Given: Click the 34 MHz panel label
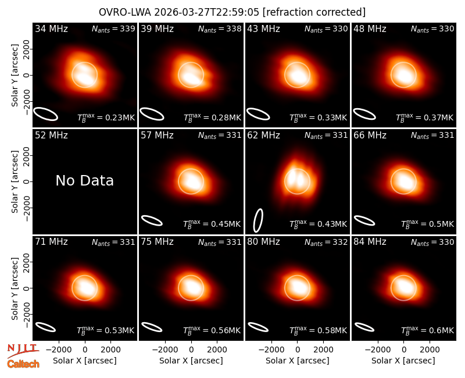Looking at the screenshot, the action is pyautogui.click(x=51, y=28).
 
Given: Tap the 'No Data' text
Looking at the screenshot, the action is pyautogui.click(x=84, y=180).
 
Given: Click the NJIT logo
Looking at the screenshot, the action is pyautogui.click(x=23, y=351).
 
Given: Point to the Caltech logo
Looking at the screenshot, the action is pyautogui.click(x=23, y=364).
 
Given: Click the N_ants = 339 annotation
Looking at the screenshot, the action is pyautogui.click(x=113, y=28).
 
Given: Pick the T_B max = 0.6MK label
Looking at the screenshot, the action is pyautogui.click(x=427, y=330).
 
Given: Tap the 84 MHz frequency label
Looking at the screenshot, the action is pyautogui.click(x=370, y=242).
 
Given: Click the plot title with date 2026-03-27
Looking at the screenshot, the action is pyautogui.click(x=232, y=12).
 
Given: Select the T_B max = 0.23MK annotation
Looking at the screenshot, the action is pyautogui.click(x=106, y=117).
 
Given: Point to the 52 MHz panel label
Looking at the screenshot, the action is pyautogui.click(x=51, y=135).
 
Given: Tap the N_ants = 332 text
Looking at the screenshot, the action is pyautogui.click(x=326, y=242).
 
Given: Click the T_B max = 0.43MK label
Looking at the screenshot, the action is pyautogui.click(x=318, y=224).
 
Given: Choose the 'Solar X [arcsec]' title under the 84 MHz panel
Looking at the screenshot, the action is pyautogui.click(x=403, y=361).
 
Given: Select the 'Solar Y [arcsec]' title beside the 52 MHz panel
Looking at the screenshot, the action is pyautogui.click(x=15, y=181).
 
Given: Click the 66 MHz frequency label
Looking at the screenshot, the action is pyautogui.click(x=370, y=135).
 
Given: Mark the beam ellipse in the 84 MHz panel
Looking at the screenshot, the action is pyautogui.click(x=365, y=327).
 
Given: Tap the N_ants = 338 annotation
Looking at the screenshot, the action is pyautogui.click(x=220, y=28).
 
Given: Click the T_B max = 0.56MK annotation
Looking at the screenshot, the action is pyautogui.click(x=212, y=330).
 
